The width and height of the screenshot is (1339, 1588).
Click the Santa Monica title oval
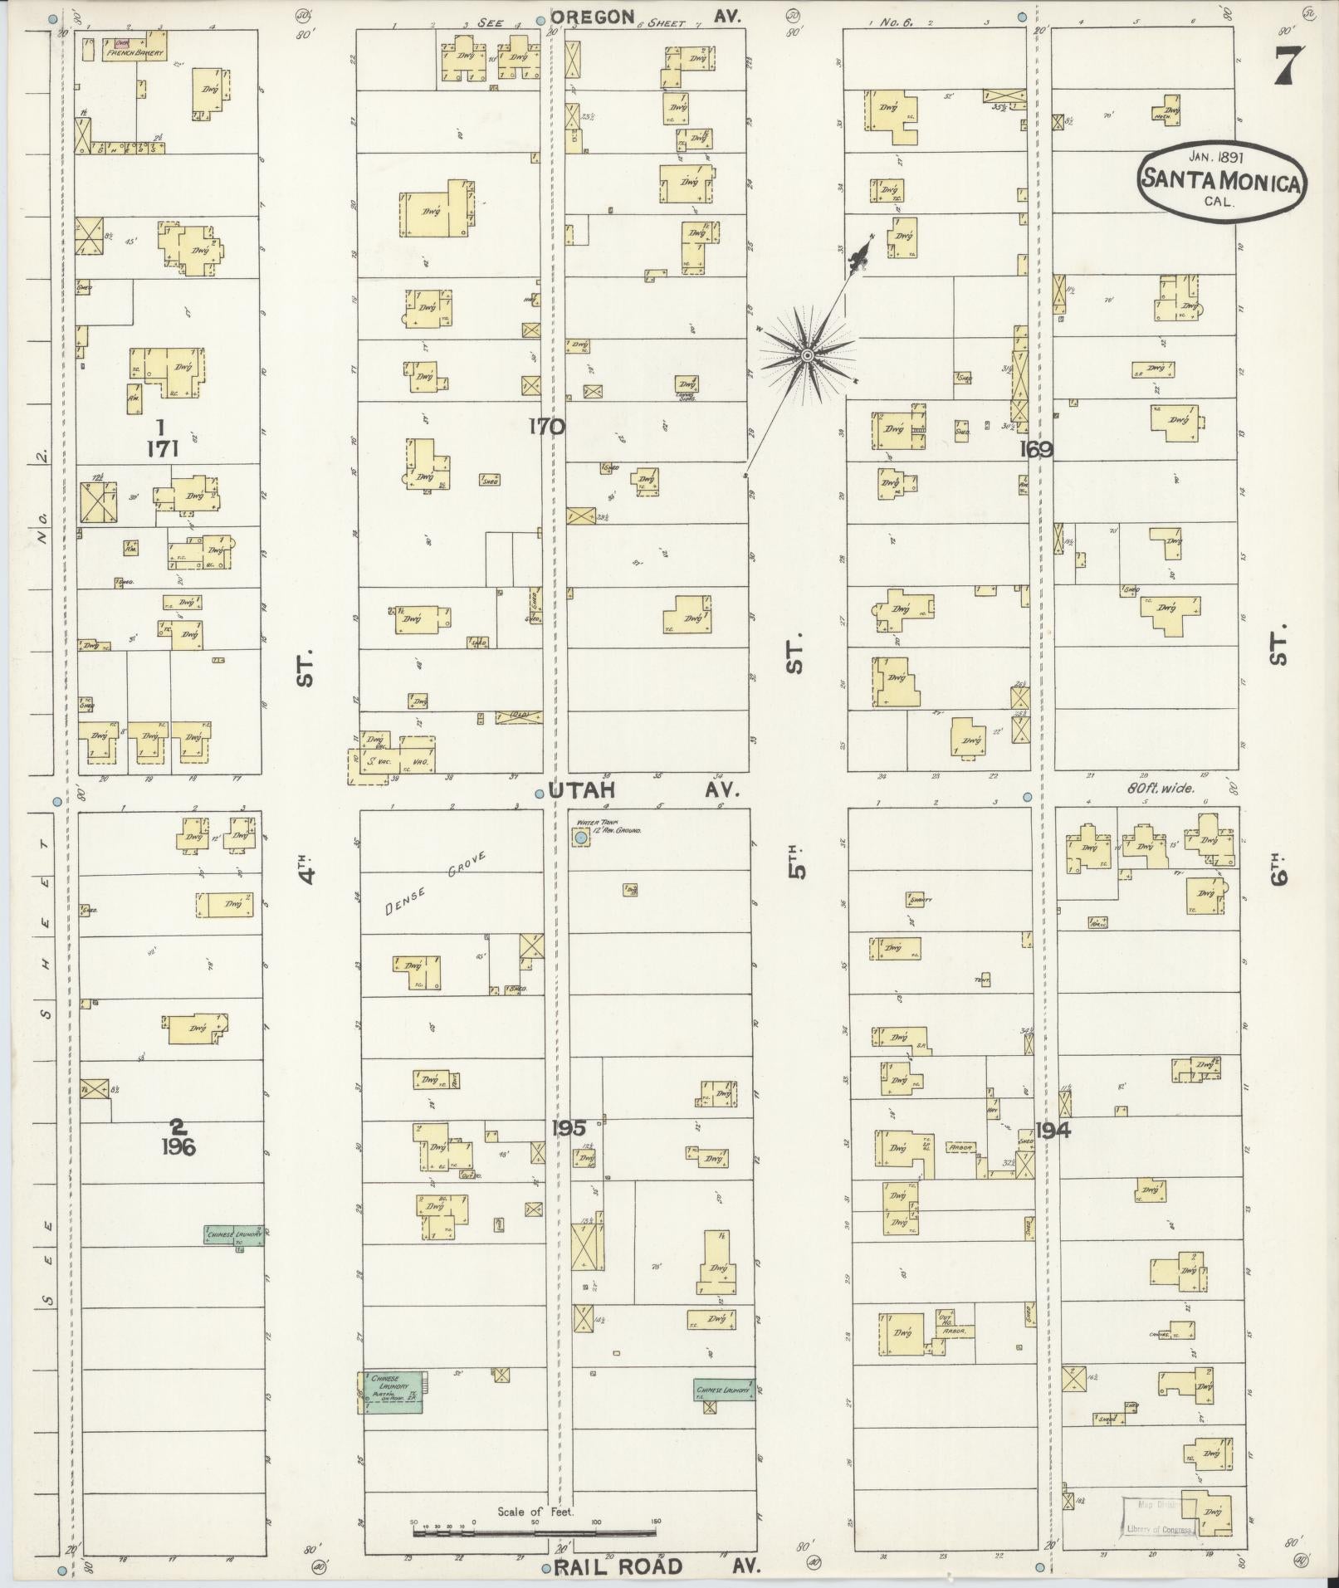pyautogui.click(x=1220, y=182)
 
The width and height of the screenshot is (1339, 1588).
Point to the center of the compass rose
pyautogui.click(x=806, y=356)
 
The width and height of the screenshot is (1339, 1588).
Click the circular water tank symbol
pyautogui.click(x=580, y=839)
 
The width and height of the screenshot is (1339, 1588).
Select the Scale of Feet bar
pyautogui.click(x=535, y=1529)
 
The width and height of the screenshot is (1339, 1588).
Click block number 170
pyautogui.click(x=547, y=427)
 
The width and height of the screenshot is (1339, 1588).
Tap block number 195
pyautogui.click(x=568, y=1127)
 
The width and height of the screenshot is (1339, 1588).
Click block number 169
pyautogui.click(x=1037, y=449)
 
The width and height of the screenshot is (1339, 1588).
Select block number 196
pyautogui.click(x=178, y=1148)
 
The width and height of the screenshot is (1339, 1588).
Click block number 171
pyautogui.click(x=162, y=449)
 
